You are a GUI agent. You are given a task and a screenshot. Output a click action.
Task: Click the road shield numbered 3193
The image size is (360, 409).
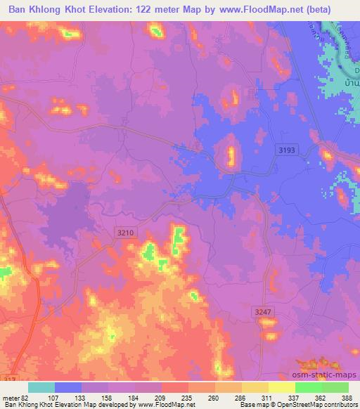click(x=285, y=150)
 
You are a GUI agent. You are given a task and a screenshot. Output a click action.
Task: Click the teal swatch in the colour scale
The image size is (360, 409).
click(x=41, y=387)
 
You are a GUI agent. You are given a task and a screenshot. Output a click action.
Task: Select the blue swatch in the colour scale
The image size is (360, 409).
click(x=68, y=387)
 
